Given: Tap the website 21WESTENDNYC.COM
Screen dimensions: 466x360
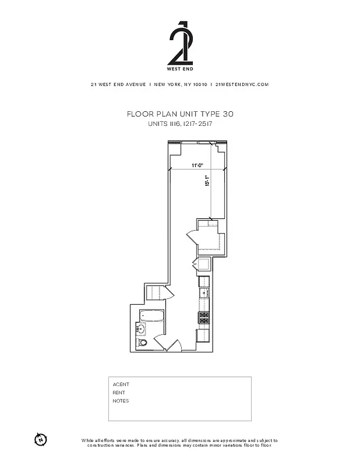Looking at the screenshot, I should [242, 84].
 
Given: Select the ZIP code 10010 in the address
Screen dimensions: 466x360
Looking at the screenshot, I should [200, 84].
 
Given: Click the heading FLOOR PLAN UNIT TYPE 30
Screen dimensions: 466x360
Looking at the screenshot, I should [179, 114].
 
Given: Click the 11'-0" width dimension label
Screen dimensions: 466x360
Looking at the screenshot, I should [197, 166].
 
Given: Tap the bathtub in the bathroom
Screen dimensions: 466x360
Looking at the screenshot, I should [151, 316].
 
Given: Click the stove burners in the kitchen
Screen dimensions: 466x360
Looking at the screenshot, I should [204, 318].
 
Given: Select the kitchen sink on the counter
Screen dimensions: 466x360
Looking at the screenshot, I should [204, 293].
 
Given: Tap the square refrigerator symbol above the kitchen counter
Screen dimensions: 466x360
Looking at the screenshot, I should [204, 265].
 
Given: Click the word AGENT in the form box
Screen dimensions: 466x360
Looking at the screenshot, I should [121, 384].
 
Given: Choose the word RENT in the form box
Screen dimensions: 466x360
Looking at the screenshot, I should [119, 393].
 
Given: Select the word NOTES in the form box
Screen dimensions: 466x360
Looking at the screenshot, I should [121, 401].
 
